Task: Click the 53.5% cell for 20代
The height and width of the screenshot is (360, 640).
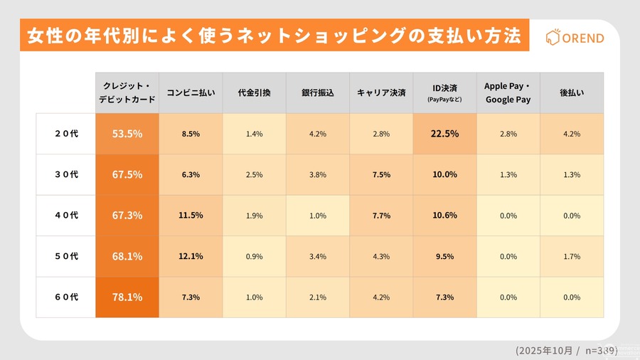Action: tap(127, 133)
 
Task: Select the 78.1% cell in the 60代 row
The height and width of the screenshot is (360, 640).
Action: tap(127, 297)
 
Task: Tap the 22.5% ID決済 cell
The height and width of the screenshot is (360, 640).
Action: tap(444, 133)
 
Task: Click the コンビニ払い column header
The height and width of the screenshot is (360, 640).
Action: tap(191, 92)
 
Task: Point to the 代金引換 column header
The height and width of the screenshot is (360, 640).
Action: tap(254, 92)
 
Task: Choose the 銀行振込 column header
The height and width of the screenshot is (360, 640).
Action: tap(317, 92)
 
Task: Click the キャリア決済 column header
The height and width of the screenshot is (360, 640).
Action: tap(381, 92)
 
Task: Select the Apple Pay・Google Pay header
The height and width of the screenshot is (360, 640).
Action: tap(508, 92)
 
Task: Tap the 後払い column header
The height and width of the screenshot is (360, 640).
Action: tap(571, 92)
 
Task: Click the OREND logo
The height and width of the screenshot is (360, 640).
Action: tap(574, 38)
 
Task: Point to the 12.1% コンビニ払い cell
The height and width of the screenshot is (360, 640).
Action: tap(191, 256)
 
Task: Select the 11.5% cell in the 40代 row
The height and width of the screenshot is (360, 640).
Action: tap(191, 216)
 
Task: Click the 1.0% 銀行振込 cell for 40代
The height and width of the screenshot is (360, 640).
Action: tap(317, 216)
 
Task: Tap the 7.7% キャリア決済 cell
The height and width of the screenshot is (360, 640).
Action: tap(381, 216)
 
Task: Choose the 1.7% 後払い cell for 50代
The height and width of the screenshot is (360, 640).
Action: tap(571, 256)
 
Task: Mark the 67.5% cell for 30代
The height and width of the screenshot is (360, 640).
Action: tap(127, 174)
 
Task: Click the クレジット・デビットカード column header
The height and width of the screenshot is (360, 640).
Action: tap(127, 92)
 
